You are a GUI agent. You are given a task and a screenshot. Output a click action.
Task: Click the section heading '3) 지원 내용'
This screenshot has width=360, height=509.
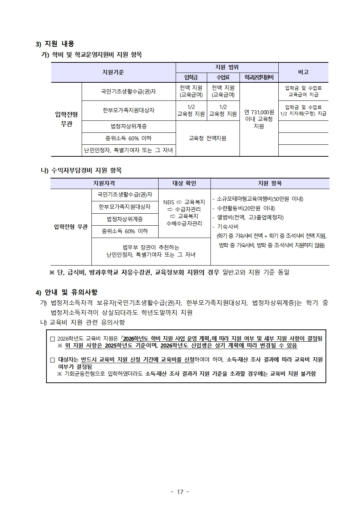tap(55, 44)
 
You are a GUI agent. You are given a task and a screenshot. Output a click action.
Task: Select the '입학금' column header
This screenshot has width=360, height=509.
tap(191, 77)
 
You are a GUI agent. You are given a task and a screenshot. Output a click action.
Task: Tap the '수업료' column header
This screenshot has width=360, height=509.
tap(223, 77)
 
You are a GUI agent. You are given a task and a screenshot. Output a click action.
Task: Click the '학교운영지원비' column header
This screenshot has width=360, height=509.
tap(259, 77)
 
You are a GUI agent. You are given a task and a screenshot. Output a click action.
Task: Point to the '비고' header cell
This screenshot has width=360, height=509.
tap(303, 72)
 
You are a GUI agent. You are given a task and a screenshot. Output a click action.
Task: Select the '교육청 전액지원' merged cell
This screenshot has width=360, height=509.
tap(208, 138)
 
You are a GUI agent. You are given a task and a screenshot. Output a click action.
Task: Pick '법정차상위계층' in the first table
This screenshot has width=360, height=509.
tap(128, 126)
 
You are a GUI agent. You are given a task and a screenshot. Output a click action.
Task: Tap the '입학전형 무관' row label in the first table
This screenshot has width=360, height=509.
tap(66, 119)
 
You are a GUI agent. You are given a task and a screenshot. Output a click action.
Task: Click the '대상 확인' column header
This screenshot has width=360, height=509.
tap(184, 184)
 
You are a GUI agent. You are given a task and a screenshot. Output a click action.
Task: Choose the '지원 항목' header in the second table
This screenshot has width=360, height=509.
tap(270, 184)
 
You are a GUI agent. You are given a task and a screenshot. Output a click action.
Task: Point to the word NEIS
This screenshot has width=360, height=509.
tap(169, 202)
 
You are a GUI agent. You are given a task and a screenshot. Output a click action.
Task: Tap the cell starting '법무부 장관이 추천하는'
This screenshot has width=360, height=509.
tap(151, 251)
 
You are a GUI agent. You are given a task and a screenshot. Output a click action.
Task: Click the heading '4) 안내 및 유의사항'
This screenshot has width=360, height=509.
tap(66, 292)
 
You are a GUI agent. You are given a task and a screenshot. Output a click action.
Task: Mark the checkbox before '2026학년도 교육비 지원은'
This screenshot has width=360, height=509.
tap(52, 339)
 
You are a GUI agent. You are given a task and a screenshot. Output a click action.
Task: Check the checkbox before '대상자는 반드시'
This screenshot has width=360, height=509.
tap(52, 360)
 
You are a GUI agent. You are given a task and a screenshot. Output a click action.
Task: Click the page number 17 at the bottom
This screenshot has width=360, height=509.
tap(180, 492)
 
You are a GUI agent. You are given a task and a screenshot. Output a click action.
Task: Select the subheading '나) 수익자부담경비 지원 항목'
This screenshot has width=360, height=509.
tap(81, 170)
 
